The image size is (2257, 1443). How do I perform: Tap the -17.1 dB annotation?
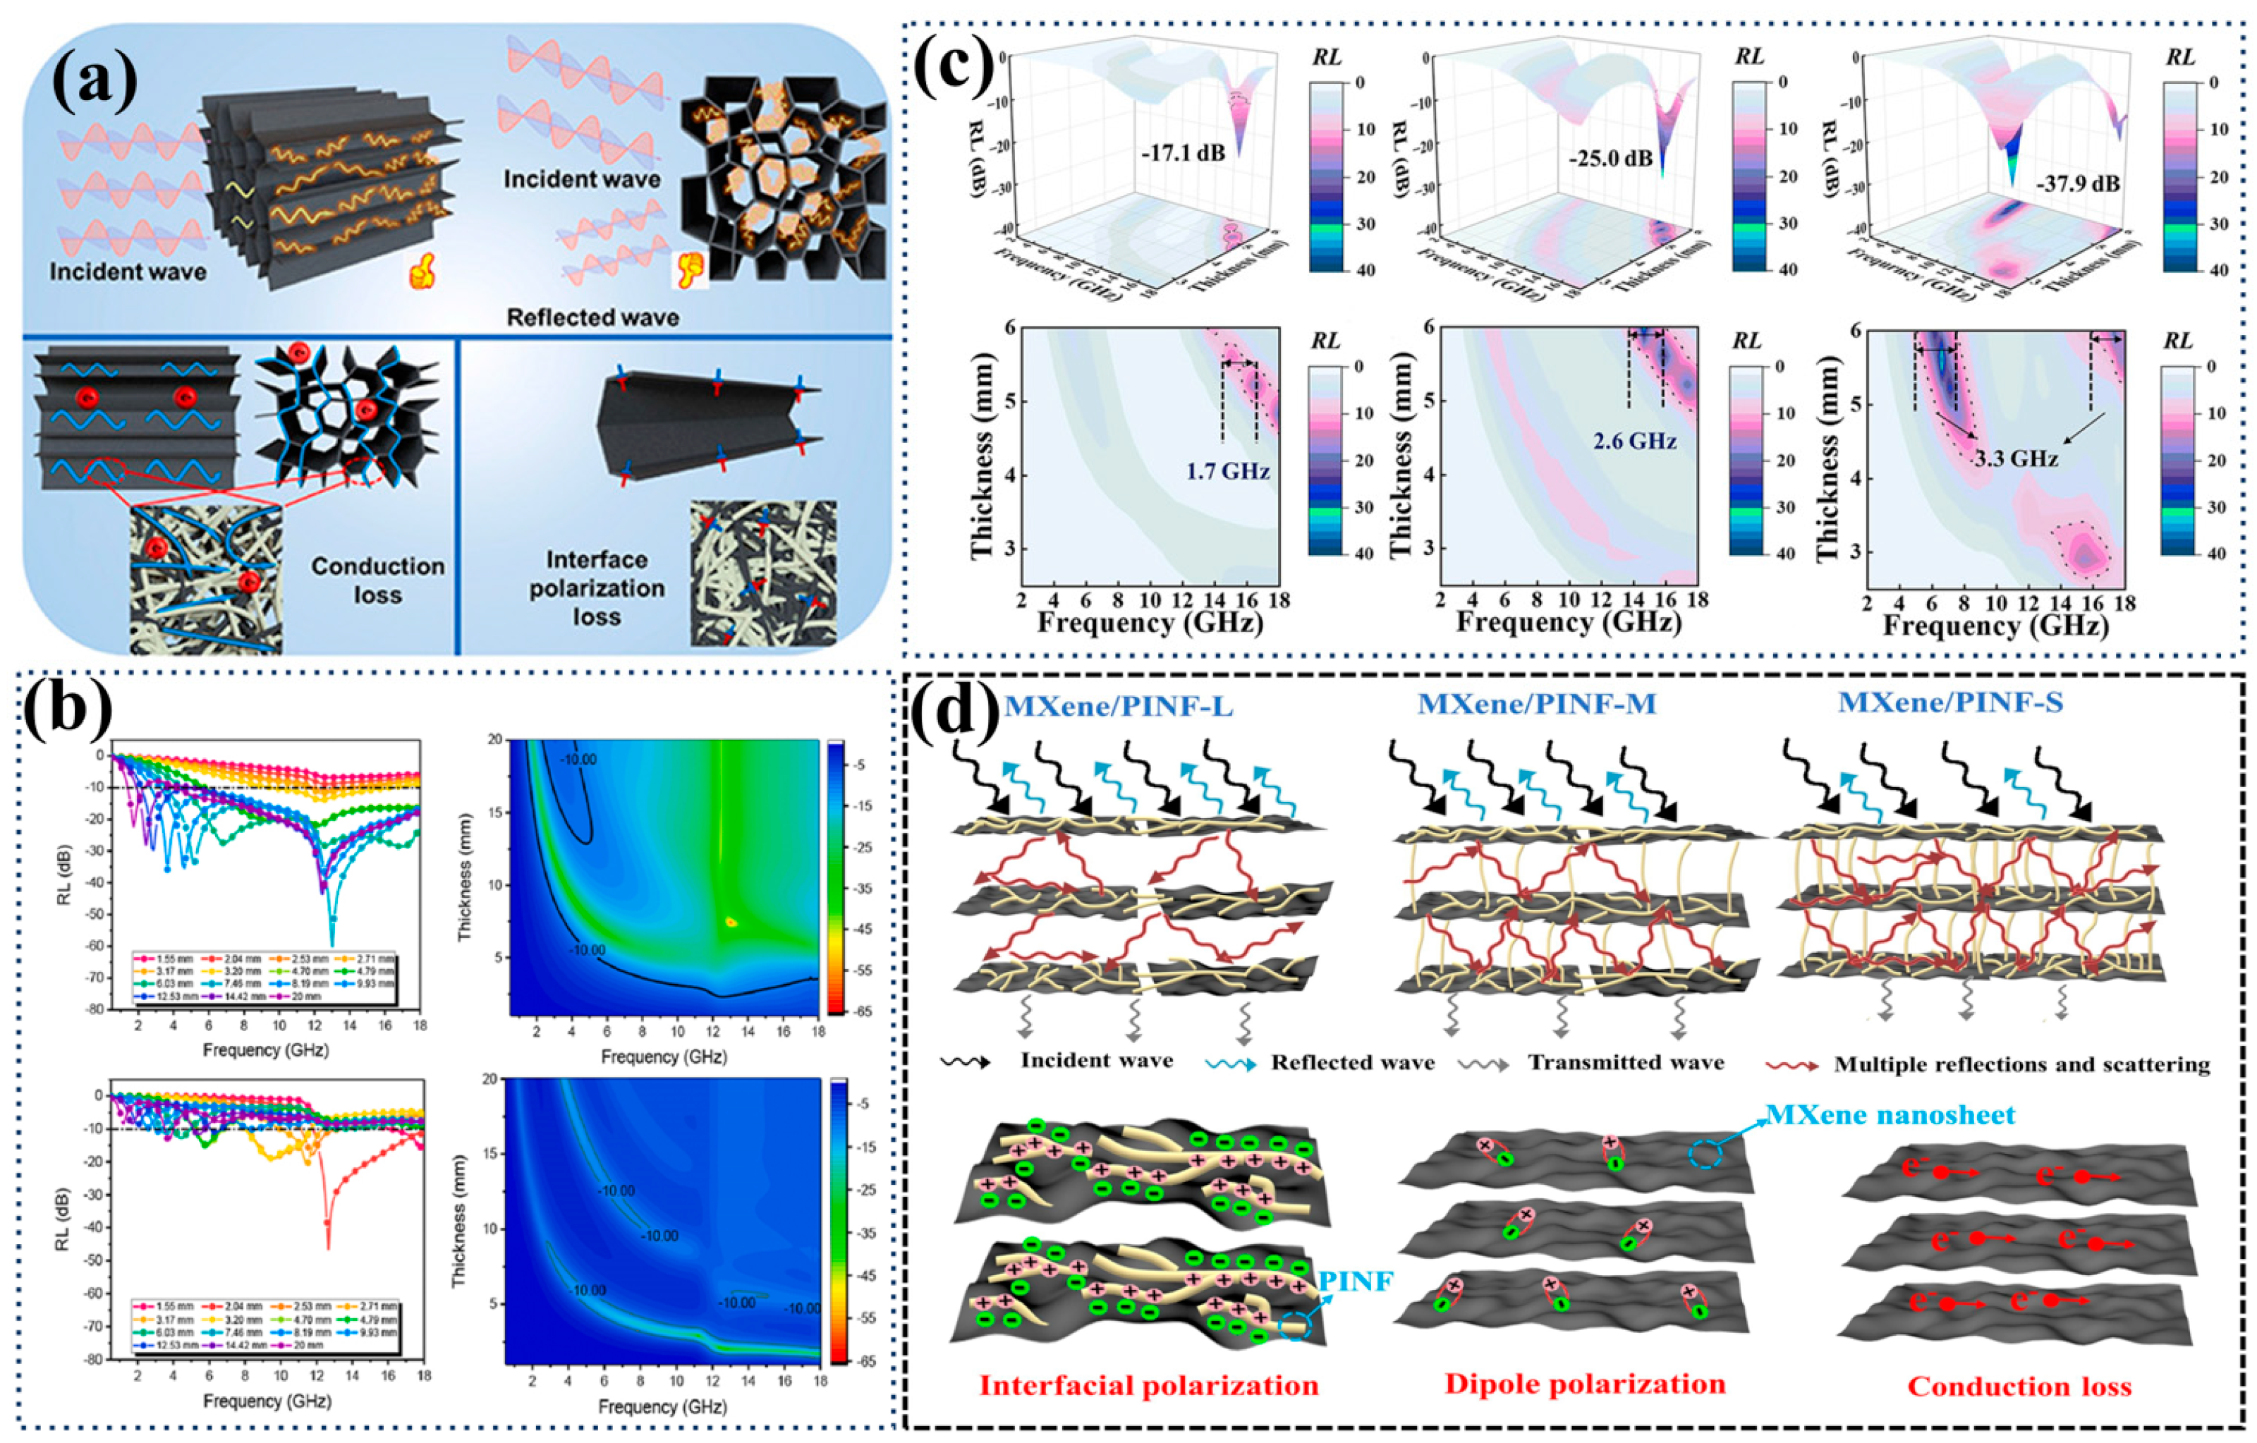point(1183,152)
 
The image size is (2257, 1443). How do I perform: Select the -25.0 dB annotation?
point(1610,157)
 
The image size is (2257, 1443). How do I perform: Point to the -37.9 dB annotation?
point(2077,183)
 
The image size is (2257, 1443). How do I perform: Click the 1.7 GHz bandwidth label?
point(1228,470)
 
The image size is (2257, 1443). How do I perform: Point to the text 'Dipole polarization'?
point(1585,1384)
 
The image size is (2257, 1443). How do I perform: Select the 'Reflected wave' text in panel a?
point(592,317)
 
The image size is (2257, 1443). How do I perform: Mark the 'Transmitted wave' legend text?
point(1626,1063)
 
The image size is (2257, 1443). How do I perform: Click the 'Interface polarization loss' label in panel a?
point(597,588)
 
